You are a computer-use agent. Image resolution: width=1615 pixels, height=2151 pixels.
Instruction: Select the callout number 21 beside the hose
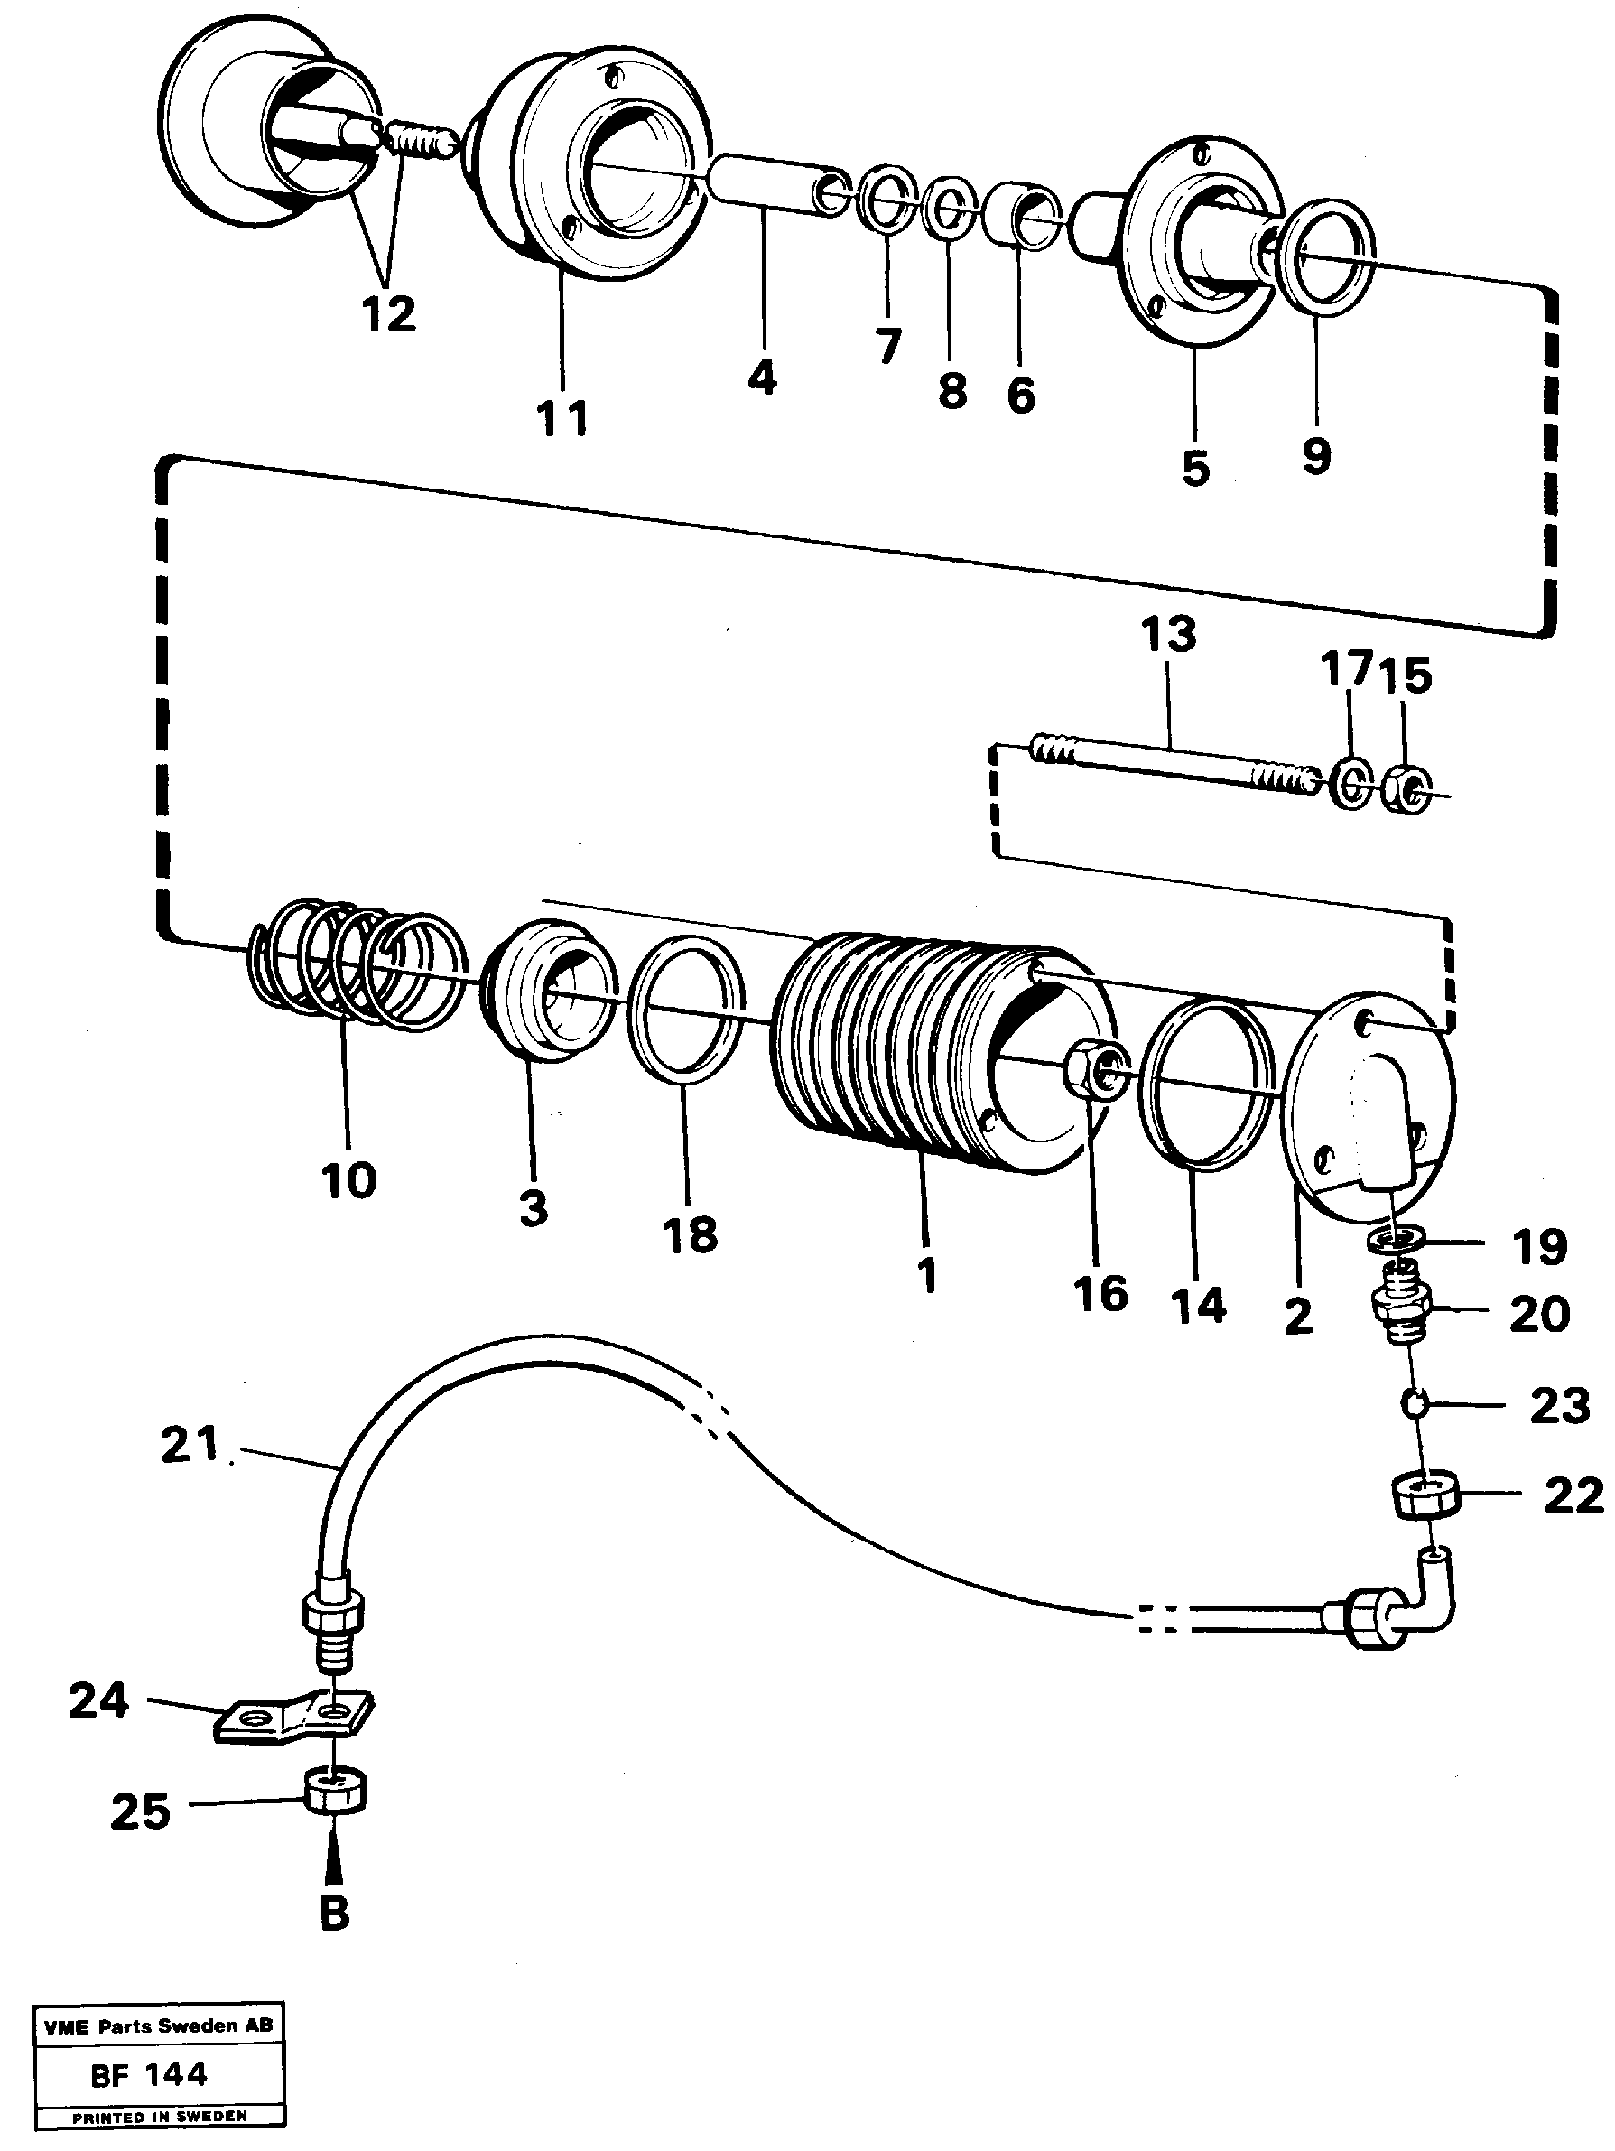click(190, 1444)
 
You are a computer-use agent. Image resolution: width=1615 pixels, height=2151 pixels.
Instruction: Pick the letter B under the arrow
click(333, 1914)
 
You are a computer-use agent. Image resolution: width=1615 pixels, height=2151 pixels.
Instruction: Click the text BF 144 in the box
click(149, 2074)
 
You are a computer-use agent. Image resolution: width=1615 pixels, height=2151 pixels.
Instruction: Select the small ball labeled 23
click(1415, 1403)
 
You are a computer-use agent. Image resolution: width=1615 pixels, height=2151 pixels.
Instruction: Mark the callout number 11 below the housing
click(562, 419)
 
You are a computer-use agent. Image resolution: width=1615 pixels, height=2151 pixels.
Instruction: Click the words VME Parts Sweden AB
click(159, 2025)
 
